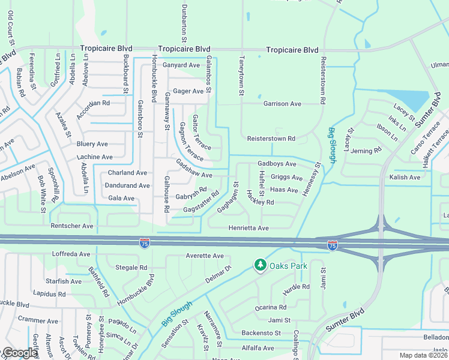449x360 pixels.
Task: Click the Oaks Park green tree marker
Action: tap(260, 264)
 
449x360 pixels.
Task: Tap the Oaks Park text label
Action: tap(285, 265)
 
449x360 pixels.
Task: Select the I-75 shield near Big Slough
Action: tap(332, 245)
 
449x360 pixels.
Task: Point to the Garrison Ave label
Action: tap(282, 104)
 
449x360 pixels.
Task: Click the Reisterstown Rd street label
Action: tap(272, 139)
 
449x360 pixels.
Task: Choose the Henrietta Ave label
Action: tap(249, 228)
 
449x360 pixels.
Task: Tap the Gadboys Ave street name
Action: tap(277, 164)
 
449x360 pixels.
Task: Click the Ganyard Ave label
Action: tap(181, 65)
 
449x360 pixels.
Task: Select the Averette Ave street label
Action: tap(205, 256)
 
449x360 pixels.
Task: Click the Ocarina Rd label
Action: tap(270, 307)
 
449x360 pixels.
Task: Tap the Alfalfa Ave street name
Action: tap(258, 348)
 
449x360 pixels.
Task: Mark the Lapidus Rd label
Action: tap(49, 295)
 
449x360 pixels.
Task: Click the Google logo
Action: tap(20, 353)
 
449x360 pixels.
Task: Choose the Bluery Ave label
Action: tap(92, 144)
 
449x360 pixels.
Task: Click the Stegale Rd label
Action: tap(131, 268)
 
